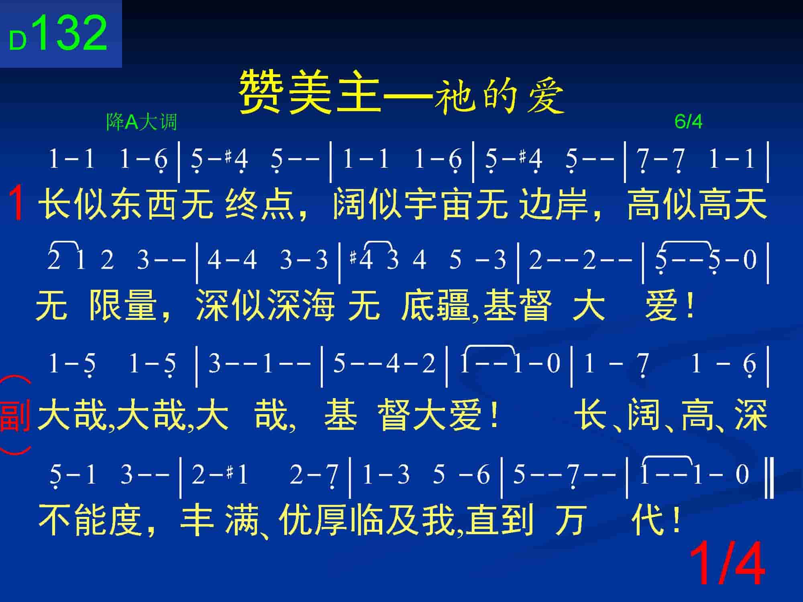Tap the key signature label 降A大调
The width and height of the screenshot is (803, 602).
point(141,122)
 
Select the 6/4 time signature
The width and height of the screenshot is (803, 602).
point(689,122)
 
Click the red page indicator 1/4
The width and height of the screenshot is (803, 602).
point(727,564)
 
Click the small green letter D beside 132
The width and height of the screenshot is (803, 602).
point(18,41)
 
